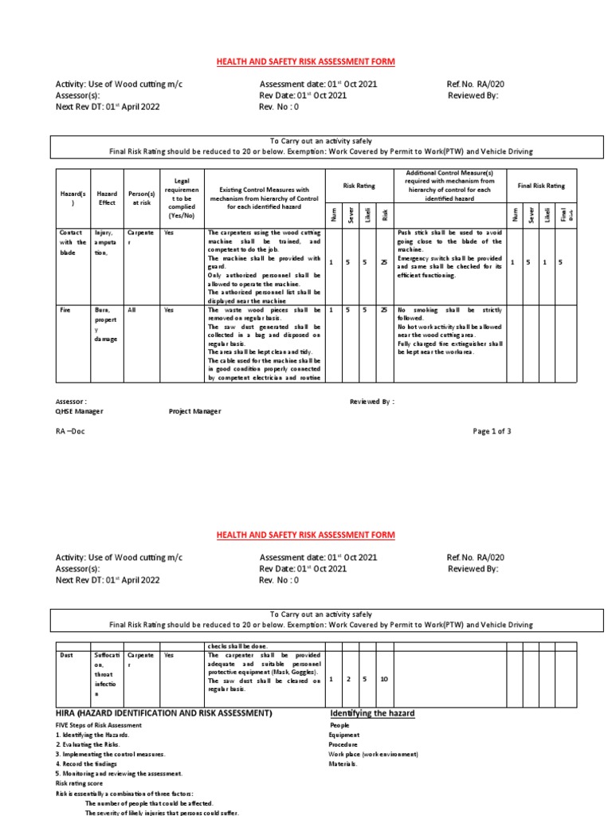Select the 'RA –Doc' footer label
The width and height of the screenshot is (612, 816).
pos(69,431)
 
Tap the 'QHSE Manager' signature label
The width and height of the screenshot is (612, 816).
pos(79,411)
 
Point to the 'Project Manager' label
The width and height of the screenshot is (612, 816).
pos(194,411)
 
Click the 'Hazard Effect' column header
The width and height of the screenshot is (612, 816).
pos(106,198)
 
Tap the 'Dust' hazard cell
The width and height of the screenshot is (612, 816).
pos(67,654)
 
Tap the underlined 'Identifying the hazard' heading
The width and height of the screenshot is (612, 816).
pos(372,712)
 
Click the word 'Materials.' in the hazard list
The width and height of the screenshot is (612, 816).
pos(343,763)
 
